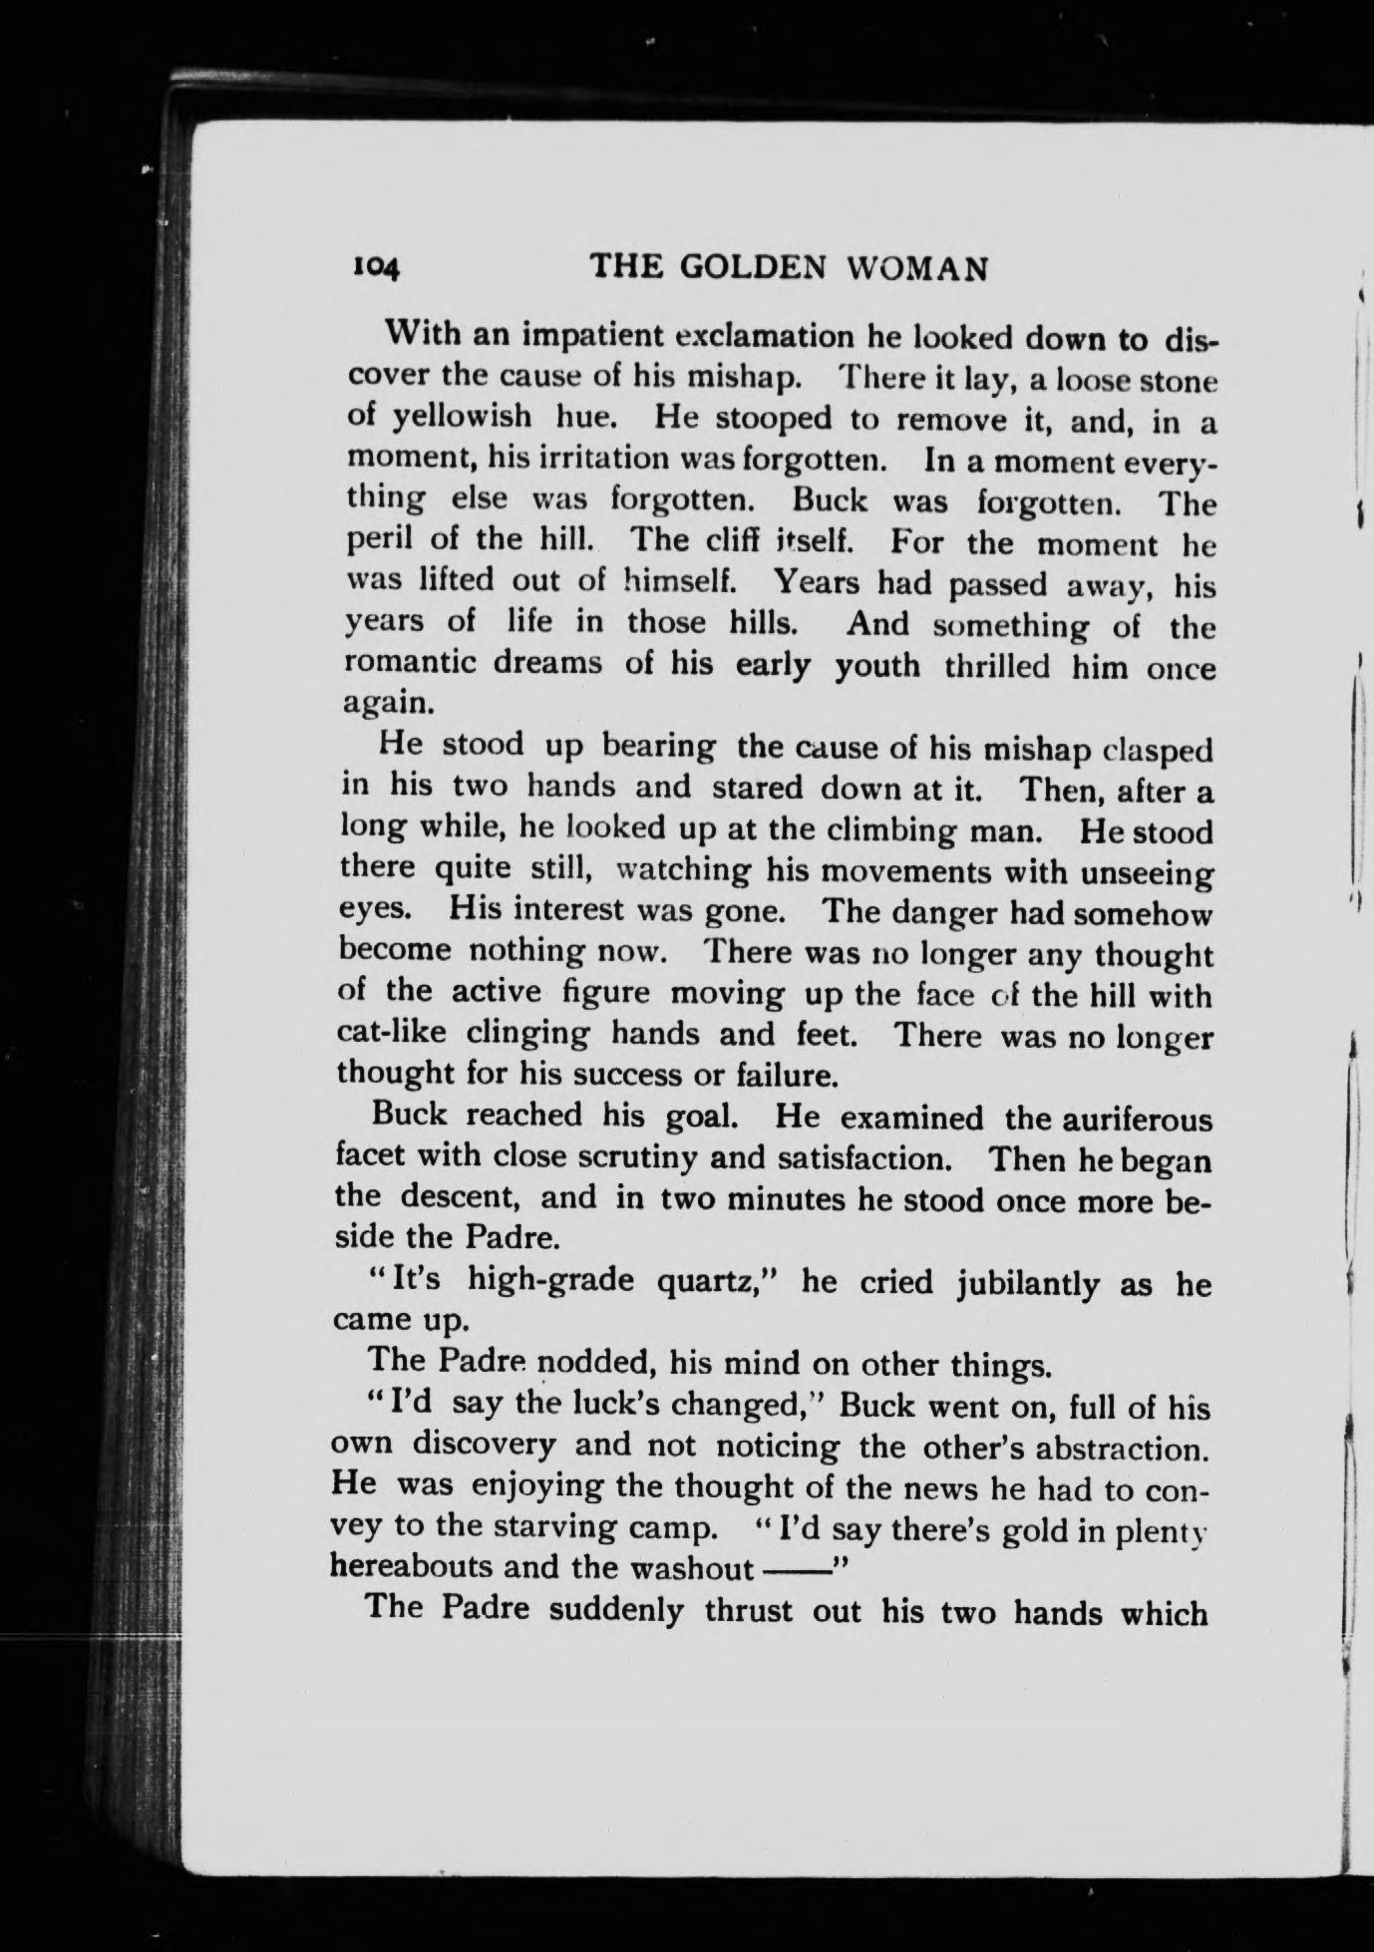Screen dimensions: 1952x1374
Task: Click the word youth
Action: click(x=877, y=665)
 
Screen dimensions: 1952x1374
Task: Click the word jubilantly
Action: click(x=1029, y=1284)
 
